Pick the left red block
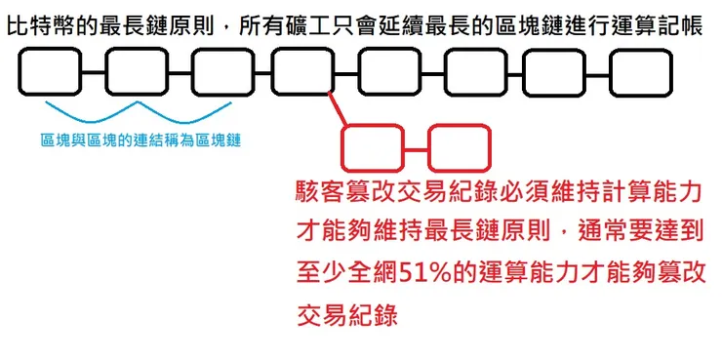[372, 148]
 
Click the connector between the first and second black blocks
[94, 72]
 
